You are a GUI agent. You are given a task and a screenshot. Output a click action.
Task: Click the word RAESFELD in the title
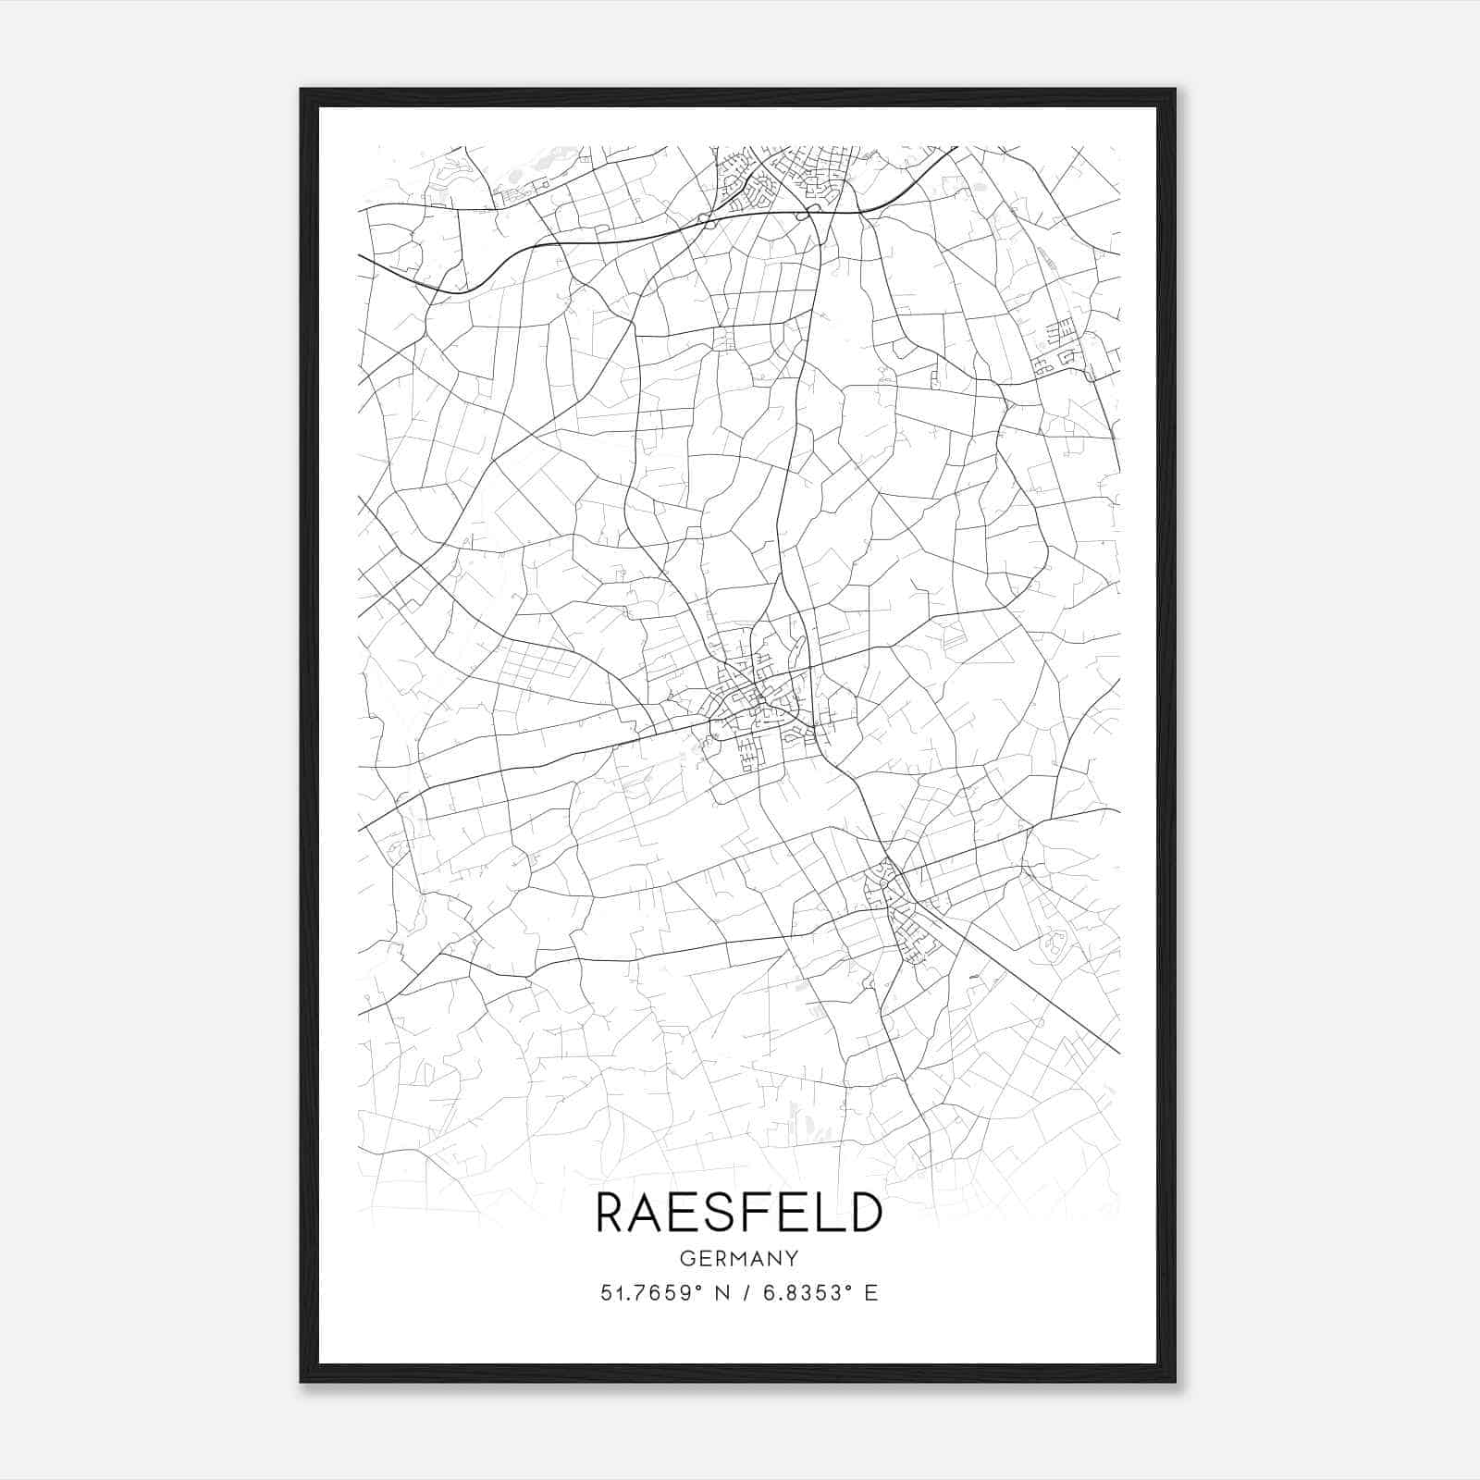click(x=739, y=1213)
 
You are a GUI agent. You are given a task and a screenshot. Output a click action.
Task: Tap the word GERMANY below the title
click(x=739, y=1258)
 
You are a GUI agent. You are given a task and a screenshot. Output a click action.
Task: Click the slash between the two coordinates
click(x=746, y=1293)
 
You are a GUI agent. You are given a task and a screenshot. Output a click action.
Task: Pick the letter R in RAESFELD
click(x=613, y=1213)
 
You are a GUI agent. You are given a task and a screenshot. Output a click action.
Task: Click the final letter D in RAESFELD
click(x=864, y=1213)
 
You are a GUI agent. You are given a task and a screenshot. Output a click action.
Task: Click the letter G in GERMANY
click(x=685, y=1258)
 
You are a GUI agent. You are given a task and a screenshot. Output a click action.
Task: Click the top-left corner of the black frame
click(x=302, y=91)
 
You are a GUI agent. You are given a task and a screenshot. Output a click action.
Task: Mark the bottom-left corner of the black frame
click(x=302, y=1380)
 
